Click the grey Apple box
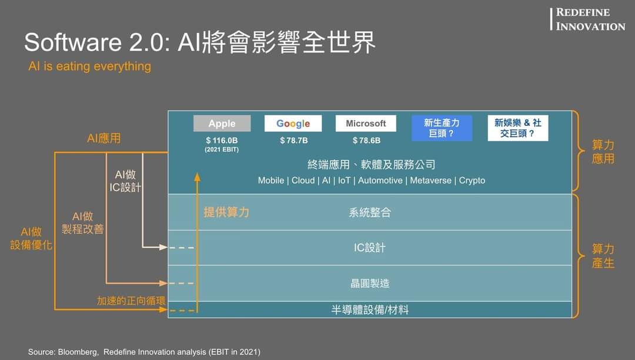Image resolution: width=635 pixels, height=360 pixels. coord(222,124)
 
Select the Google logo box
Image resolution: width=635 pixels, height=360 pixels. coord(293,124)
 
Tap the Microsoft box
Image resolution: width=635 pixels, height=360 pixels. coord(366,124)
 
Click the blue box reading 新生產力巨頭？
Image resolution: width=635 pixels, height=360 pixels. coord(442,128)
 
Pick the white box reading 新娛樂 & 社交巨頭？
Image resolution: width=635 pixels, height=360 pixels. coord(518,128)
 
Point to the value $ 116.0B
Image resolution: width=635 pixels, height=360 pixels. coord(222,141)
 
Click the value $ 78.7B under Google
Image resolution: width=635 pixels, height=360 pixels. coord(294,141)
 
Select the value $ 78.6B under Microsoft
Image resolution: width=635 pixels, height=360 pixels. coord(366,141)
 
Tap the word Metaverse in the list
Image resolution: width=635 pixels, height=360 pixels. coord(430,181)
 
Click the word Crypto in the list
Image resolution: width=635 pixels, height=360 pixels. coord(472,181)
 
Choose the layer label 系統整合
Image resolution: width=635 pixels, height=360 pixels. coord(370,212)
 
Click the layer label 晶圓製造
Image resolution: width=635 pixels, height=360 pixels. coord(370,284)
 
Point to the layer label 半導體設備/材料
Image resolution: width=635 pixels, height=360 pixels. coord(370,310)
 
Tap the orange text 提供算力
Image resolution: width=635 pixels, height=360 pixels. coord(226,212)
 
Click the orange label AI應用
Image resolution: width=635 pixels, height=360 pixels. coord(103,138)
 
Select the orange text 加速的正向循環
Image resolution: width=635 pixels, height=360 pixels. coord(131,301)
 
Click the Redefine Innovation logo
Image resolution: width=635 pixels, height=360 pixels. coord(587,19)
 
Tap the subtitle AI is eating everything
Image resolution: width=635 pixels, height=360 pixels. coord(89,66)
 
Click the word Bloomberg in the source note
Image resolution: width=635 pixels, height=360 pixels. coord(78,352)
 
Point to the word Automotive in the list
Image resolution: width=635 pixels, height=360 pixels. coord(380,181)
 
